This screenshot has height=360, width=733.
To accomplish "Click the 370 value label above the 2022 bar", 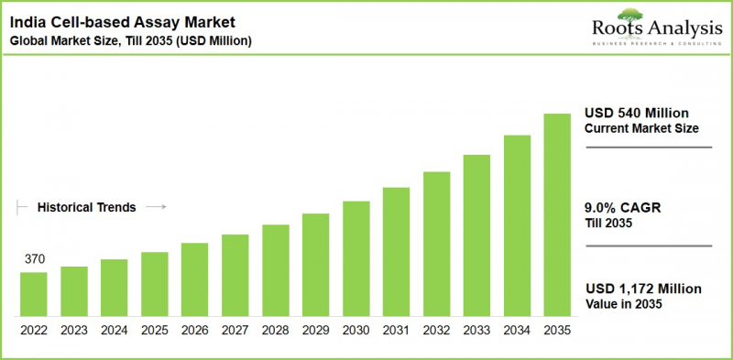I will (33, 260).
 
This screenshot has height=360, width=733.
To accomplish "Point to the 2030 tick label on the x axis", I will (356, 329).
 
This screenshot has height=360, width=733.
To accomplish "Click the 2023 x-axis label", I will (74, 329).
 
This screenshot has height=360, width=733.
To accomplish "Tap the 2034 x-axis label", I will (517, 329).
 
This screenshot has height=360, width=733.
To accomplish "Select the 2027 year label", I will (235, 329).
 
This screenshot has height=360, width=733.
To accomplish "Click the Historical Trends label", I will (86, 208).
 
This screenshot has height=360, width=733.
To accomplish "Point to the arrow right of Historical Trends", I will (156, 208).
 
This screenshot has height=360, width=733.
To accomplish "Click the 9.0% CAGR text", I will (622, 207).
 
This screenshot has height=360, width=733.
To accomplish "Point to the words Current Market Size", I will (641, 128).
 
